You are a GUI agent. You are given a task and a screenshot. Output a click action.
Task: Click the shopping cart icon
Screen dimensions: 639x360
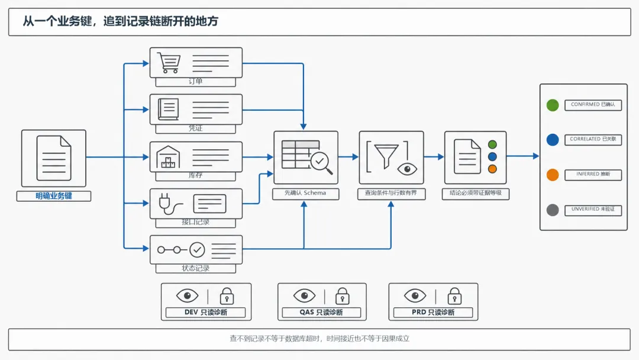(169, 63)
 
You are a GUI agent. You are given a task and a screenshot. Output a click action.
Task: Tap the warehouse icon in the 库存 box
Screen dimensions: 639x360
(168, 157)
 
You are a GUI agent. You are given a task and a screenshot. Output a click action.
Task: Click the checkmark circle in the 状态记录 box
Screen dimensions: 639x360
(197, 249)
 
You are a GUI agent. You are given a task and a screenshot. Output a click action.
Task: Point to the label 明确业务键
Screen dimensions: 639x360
(54, 196)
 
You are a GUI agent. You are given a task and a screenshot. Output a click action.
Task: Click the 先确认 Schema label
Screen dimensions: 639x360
(305, 193)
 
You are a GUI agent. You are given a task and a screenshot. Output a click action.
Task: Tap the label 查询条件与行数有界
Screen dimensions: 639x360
(391, 193)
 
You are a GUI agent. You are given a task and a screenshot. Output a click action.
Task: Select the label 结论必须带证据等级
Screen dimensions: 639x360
(476, 193)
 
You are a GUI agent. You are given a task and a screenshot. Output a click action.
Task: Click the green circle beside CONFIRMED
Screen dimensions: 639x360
(553, 105)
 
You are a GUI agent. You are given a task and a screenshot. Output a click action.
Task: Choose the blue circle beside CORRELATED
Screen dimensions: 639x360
(553, 140)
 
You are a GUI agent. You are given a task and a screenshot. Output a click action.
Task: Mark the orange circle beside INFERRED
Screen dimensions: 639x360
(553, 175)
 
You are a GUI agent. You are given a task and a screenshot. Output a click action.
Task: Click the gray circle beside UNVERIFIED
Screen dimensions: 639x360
(553, 210)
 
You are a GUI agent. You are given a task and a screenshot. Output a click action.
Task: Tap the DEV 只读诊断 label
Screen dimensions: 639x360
(206, 312)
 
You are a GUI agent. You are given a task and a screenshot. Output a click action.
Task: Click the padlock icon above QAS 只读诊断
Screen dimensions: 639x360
(343, 296)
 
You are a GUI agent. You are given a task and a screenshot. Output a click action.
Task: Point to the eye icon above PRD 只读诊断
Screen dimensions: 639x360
(415, 295)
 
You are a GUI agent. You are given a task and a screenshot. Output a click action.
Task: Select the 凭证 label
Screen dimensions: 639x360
(196, 128)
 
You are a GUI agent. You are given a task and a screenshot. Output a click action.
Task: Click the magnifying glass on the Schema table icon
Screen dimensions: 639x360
(321, 163)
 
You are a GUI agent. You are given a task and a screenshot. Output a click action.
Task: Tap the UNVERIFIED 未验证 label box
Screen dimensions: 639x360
(593, 210)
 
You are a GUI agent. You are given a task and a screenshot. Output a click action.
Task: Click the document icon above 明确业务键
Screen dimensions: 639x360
(54, 158)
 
